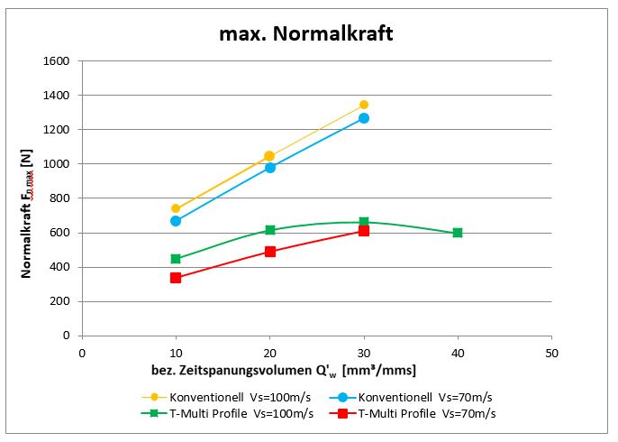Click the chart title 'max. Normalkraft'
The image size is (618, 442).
pos(306,34)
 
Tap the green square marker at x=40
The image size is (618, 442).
pos(458,233)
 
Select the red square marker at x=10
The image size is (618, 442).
pos(176,278)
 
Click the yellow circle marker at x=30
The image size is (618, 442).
pos(364,105)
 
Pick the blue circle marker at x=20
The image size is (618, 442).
pos(269,168)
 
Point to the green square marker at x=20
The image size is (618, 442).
pos(269,230)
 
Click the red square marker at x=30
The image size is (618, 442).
pos(364,231)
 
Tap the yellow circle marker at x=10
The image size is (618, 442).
pos(176,208)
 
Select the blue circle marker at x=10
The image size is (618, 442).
pos(176,221)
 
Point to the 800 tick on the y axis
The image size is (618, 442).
pos(60,198)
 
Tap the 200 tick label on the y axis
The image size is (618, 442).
pos(60,301)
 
